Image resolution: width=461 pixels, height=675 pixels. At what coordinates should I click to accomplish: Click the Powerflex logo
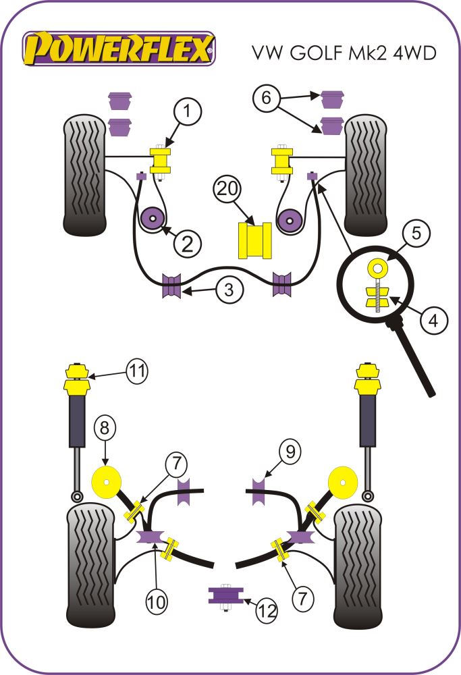point(119,49)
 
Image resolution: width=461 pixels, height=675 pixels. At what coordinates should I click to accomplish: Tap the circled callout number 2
point(186,242)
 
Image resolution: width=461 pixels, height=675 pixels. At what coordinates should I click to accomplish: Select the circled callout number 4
point(433,321)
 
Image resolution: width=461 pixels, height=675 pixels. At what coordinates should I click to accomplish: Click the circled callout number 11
point(137,371)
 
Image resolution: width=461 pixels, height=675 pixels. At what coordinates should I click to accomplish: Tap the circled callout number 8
point(104,427)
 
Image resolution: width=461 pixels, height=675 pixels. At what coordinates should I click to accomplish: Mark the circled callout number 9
point(290,452)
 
